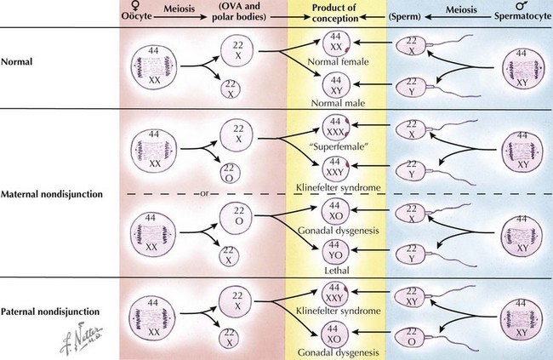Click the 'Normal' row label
[18, 62]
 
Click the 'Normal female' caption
[337, 60]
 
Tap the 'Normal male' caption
[337, 97]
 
